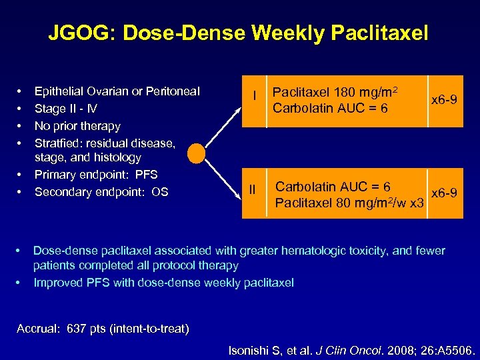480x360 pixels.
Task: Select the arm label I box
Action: (254, 97)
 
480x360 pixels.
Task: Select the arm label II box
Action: (253, 190)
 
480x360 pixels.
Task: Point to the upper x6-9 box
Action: (445, 100)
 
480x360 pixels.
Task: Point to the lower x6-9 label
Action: (445, 193)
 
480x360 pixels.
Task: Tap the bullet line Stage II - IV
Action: (67, 109)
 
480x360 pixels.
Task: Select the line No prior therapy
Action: (77, 126)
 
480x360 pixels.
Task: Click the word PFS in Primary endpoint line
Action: (146, 175)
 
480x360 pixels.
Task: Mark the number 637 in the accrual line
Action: (78, 329)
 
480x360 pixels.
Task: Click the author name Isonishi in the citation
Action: (251, 349)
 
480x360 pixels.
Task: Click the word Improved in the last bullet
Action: (57, 282)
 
